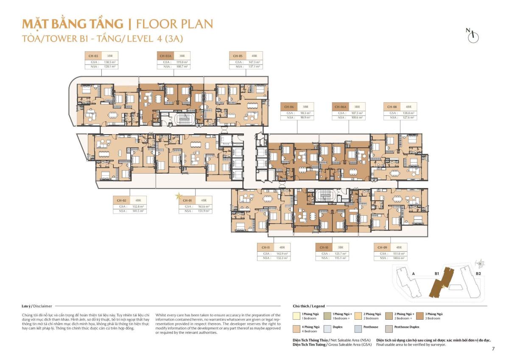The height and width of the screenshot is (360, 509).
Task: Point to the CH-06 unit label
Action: pos(289,107)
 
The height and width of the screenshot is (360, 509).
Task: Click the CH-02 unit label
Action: pos(122,200)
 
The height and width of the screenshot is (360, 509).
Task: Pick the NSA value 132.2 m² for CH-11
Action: pos(281,258)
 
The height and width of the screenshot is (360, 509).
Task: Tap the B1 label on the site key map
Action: pos(436,274)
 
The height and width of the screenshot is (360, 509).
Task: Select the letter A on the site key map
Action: pos(413,274)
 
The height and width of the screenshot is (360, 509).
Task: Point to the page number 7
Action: pos(493,349)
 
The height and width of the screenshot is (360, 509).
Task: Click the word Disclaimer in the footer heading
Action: pos(42,306)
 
